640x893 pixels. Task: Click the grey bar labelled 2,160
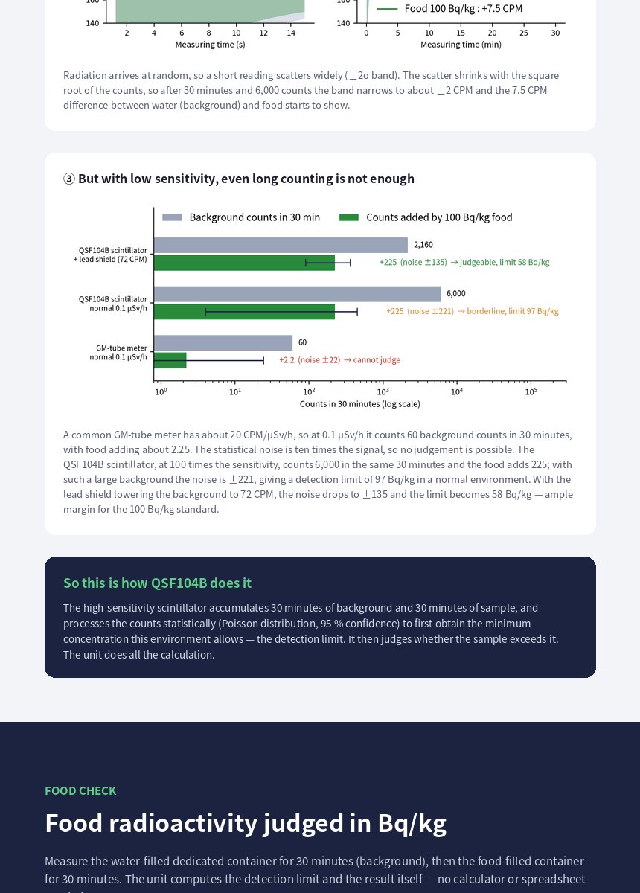281,245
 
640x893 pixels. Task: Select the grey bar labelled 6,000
298,294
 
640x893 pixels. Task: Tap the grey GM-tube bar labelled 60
223,343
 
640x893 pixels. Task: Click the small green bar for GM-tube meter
170,360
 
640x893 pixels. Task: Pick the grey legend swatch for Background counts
172,217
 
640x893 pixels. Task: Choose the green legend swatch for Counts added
349,217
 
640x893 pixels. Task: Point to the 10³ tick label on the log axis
383,392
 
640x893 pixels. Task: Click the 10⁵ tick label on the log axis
531,392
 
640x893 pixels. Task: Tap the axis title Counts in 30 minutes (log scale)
359,404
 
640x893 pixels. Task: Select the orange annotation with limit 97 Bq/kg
473,311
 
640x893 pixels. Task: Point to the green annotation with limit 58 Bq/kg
464,262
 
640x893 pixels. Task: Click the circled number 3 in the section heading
69,179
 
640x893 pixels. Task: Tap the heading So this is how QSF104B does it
158,583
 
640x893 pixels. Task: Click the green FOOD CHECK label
80,790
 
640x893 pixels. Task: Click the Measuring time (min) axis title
461,45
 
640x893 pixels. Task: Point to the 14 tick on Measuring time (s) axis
291,33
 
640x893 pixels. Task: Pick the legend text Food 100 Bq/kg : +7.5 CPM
464,9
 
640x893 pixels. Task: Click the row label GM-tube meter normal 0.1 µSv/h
118,353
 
